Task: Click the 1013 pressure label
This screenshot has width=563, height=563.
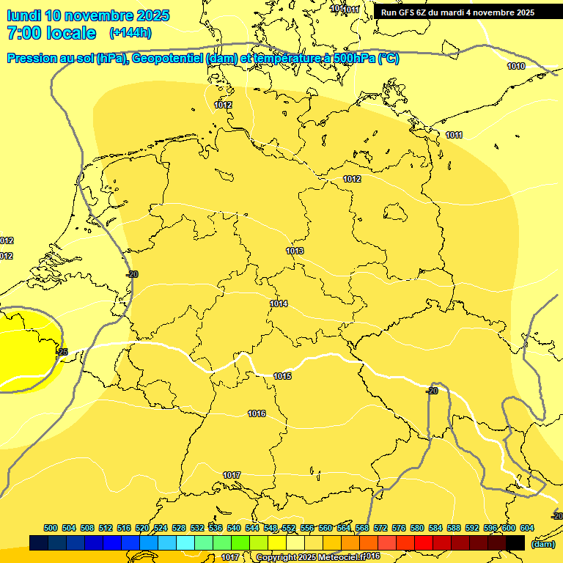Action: click(x=295, y=251)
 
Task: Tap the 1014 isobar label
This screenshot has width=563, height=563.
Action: click(x=279, y=303)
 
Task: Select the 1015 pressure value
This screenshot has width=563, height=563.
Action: click(x=282, y=376)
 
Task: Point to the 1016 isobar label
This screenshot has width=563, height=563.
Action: click(x=257, y=414)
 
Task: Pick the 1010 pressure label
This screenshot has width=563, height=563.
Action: click(x=516, y=66)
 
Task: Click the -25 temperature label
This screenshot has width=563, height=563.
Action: click(x=62, y=352)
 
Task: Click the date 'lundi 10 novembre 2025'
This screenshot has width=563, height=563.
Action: click(x=88, y=15)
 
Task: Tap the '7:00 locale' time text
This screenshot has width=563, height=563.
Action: click(x=51, y=33)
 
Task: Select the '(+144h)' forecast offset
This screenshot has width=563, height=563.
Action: click(x=130, y=33)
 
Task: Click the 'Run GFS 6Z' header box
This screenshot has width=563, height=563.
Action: click(x=458, y=12)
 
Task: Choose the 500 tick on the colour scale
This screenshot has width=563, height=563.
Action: click(x=51, y=528)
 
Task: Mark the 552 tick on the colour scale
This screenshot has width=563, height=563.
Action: click(x=289, y=528)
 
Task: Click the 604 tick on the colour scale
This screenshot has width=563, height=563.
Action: click(x=527, y=528)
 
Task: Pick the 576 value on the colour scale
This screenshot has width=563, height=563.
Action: click(x=399, y=528)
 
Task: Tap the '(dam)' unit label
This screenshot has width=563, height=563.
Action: click(x=542, y=544)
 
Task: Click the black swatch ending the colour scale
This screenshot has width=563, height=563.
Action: click(x=515, y=542)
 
